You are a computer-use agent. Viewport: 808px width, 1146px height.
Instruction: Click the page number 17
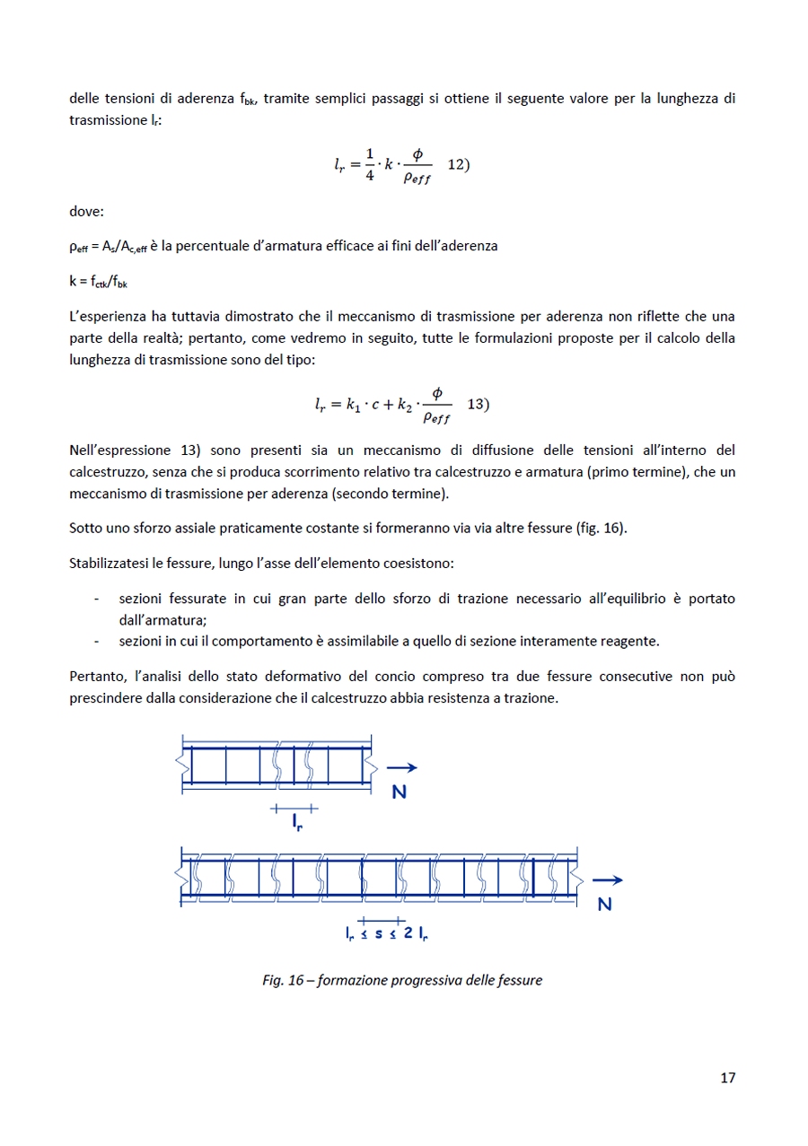tap(727, 1078)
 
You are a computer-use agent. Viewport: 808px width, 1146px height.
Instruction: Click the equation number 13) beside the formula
tap(479, 404)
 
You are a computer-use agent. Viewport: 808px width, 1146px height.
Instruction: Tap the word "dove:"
tap(86, 213)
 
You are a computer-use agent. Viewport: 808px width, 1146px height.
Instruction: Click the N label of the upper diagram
tap(400, 792)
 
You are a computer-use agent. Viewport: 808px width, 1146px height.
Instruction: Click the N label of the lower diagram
tap(604, 905)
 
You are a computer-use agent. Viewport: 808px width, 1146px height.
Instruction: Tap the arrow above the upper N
tap(402, 767)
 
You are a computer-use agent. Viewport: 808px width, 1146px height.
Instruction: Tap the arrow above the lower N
tap(608, 880)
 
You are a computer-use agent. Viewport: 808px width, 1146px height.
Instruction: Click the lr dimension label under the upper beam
tap(296, 821)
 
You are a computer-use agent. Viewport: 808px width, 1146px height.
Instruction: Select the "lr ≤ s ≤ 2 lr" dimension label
tap(386, 933)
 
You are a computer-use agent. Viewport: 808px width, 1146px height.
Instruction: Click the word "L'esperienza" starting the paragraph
tap(107, 316)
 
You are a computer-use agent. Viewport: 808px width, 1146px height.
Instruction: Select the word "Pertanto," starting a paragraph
tap(96, 676)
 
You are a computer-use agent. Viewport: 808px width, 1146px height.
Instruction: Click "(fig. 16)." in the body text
tap(601, 528)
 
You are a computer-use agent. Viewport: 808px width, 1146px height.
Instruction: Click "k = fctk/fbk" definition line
tap(99, 281)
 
